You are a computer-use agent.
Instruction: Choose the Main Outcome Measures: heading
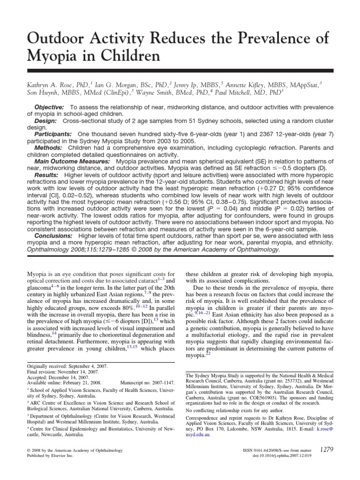(x=71, y=160)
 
